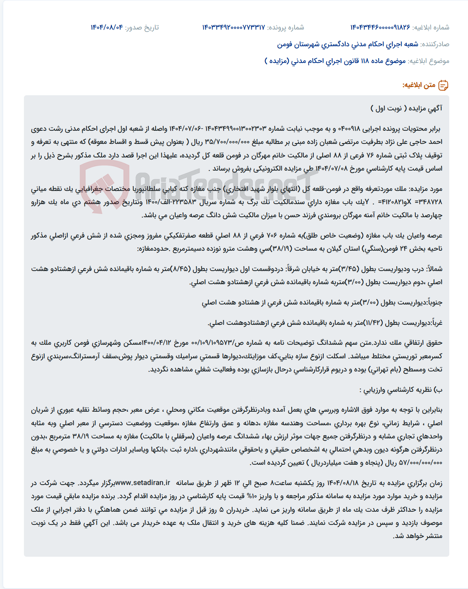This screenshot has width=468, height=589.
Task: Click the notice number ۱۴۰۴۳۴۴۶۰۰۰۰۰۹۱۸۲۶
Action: [380, 27]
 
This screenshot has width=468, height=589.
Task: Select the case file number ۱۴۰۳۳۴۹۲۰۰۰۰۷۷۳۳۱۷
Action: [234, 27]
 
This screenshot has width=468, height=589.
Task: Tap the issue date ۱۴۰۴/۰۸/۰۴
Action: [107, 27]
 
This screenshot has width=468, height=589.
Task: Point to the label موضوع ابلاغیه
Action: [428, 61]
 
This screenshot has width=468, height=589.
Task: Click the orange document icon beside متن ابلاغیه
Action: [443, 85]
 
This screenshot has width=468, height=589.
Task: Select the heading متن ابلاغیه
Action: [419, 85]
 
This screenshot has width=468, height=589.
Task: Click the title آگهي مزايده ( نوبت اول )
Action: [406, 108]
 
